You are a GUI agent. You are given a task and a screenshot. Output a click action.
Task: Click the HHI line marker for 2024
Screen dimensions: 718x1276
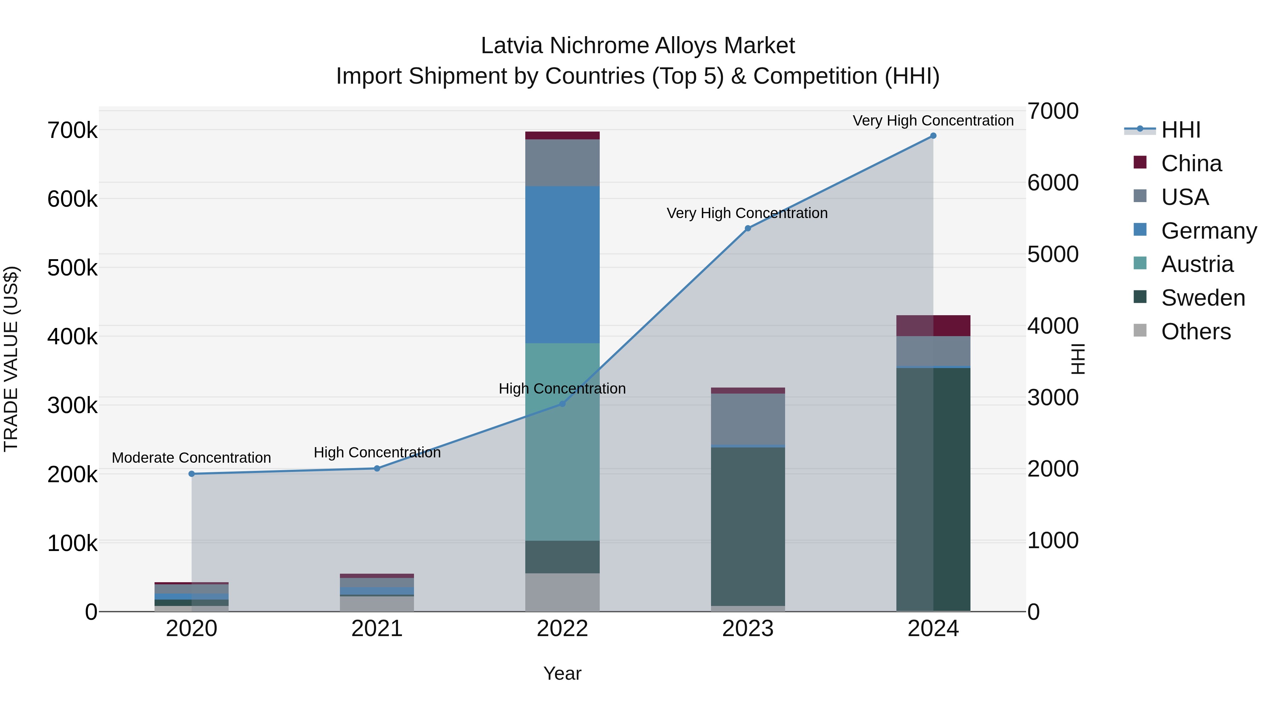pyautogui.click(x=933, y=136)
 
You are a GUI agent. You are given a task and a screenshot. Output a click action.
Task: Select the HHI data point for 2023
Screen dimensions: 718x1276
pyautogui.click(x=748, y=228)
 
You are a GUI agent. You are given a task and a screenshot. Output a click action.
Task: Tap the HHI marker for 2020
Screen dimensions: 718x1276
pyautogui.click(x=192, y=474)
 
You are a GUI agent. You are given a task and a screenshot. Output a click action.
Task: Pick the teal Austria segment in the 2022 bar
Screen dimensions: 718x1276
pyautogui.click(x=562, y=441)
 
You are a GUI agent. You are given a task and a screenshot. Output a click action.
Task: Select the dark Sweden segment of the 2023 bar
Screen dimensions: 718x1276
pyautogui.click(x=748, y=525)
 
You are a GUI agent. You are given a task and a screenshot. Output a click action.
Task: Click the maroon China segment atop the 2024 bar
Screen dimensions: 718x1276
pyautogui.click(x=933, y=325)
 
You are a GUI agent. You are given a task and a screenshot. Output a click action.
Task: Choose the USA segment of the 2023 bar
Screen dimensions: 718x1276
pyautogui.click(x=748, y=419)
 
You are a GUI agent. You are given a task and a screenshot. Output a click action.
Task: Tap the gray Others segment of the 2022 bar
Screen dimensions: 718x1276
pyautogui.click(x=562, y=592)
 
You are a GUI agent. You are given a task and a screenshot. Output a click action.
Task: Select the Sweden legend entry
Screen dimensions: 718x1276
pyautogui.click(x=1203, y=298)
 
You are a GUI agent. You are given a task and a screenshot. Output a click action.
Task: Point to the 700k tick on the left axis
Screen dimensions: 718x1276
pyautogui.click(x=72, y=131)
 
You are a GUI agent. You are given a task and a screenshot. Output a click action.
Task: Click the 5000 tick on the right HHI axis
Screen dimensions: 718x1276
pyautogui.click(x=1053, y=254)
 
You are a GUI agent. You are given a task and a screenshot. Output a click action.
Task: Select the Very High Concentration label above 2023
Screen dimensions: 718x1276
pyautogui.click(x=747, y=213)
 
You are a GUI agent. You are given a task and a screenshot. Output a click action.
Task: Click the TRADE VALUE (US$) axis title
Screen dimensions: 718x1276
pyautogui.click(x=11, y=359)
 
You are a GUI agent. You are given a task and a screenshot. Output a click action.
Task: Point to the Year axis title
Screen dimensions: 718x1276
pyautogui.click(x=562, y=673)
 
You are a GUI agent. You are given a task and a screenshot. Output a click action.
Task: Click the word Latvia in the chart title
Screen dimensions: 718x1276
pyautogui.click(x=512, y=46)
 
